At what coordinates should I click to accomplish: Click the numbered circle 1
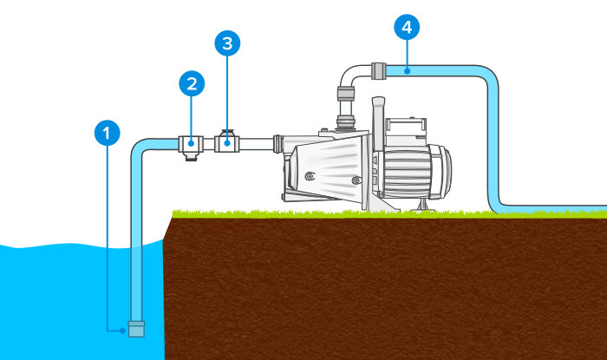pyautogui.click(x=108, y=133)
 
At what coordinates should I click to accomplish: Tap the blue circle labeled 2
pyautogui.click(x=192, y=83)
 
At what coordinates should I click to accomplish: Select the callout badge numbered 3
pyautogui.click(x=227, y=43)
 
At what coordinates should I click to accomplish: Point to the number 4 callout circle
pyautogui.click(x=407, y=27)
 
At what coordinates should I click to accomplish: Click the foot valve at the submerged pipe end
pyautogui.click(x=136, y=329)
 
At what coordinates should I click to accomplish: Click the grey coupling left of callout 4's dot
pyautogui.click(x=379, y=71)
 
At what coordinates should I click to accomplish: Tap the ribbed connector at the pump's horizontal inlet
pyautogui.click(x=277, y=144)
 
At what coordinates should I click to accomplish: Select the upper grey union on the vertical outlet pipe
pyautogui.click(x=345, y=94)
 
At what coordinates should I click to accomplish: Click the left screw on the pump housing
pyautogui.click(x=310, y=176)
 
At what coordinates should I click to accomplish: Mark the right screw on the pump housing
pyautogui.click(x=356, y=180)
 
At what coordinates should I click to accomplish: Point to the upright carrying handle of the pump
pyautogui.click(x=378, y=115)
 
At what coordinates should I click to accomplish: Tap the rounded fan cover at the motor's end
pyautogui.click(x=441, y=170)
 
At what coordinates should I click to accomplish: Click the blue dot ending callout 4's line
pyautogui.click(x=407, y=71)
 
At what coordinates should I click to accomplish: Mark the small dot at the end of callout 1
pyautogui.click(x=123, y=331)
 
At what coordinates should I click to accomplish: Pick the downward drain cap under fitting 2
pyautogui.click(x=191, y=156)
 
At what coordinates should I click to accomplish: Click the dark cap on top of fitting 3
pyautogui.click(x=227, y=133)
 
